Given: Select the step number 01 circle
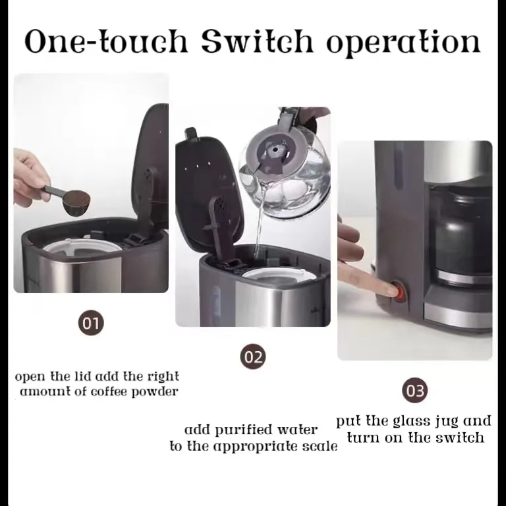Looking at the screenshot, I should click(91, 323).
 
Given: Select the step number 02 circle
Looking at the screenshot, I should click(253, 357).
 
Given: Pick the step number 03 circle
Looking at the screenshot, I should click(414, 391).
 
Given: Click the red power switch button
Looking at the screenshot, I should click(397, 290).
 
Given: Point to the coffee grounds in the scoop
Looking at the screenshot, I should click(78, 198).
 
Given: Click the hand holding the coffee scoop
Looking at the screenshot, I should click(30, 173).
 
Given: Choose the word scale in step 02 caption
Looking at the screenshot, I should click(318, 447).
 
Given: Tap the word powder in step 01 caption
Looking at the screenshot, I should click(157, 391).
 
